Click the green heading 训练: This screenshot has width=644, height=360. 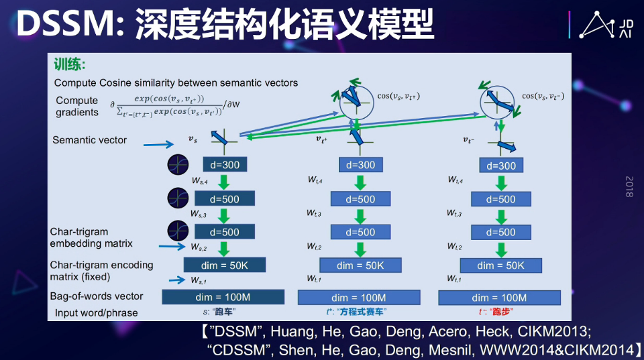[x=70, y=64]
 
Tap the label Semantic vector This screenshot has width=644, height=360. [x=89, y=140]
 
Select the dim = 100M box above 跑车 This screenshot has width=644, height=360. [x=223, y=297]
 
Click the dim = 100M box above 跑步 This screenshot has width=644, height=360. [x=499, y=298]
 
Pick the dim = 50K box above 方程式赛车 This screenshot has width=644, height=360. [x=360, y=265]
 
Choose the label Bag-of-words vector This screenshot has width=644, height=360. [x=97, y=296]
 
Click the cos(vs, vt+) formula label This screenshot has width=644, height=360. [x=398, y=97]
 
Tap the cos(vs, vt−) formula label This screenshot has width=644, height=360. [x=543, y=96]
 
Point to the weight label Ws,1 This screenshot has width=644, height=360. [x=199, y=280]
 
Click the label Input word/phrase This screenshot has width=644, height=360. [x=97, y=312]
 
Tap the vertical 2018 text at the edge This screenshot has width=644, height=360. [x=629, y=186]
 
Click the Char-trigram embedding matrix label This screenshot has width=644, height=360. [x=91, y=237]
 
